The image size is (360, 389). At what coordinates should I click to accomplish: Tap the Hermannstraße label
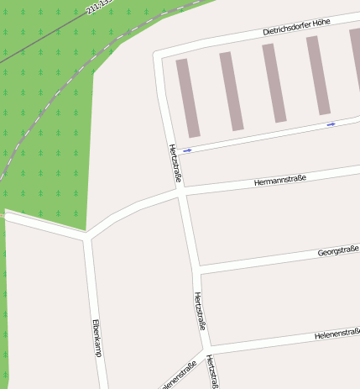[279, 179]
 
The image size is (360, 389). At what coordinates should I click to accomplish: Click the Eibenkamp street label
[97, 338]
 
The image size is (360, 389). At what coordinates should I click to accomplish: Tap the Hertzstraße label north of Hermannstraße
[175, 164]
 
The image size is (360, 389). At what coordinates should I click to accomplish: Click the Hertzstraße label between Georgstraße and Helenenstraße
[199, 311]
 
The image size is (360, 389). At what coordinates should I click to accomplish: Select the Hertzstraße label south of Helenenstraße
[212, 371]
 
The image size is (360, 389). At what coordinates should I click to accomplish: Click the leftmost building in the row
[188, 97]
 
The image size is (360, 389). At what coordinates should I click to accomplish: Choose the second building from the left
[231, 91]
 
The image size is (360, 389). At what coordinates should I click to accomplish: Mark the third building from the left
[274, 83]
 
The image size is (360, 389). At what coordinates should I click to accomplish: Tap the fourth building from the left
[318, 76]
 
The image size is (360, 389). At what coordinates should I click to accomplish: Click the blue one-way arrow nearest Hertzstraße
[187, 150]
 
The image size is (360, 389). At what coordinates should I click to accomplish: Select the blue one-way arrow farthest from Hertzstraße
[331, 124]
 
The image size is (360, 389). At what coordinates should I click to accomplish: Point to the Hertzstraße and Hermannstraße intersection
[181, 192]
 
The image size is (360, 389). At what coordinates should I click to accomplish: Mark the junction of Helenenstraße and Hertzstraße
[207, 347]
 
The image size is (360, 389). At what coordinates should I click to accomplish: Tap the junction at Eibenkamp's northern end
[87, 236]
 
